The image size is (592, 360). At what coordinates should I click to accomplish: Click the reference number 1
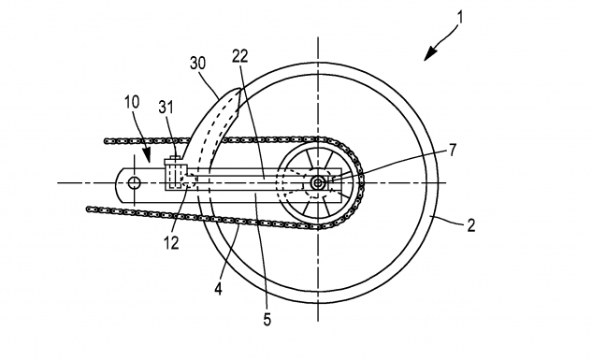coord(459,18)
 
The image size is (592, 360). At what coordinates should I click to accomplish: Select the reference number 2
coord(470,225)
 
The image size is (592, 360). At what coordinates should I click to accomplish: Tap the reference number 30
coord(198,63)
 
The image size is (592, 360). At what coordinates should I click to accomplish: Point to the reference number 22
coord(240,56)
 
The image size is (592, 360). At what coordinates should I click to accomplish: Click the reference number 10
coord(132,102)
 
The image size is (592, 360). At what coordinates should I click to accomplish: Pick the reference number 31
coord(166,108)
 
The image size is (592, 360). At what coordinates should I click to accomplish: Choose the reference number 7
coord(453,151)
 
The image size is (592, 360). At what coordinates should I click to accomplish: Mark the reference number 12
coord(171,243)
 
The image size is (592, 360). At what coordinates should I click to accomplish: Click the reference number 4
coord(218,289)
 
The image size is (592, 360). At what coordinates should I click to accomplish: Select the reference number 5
coord(267,320)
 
